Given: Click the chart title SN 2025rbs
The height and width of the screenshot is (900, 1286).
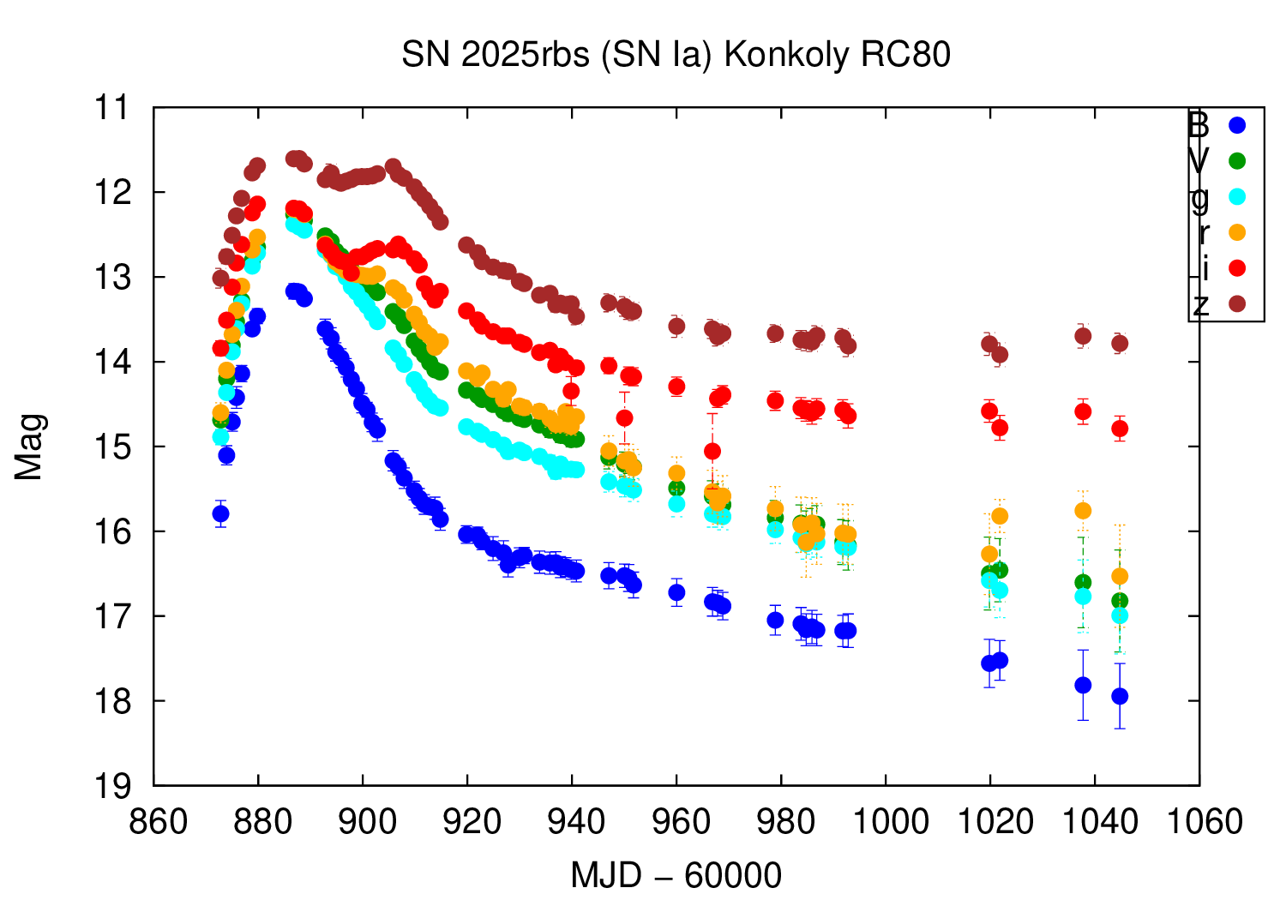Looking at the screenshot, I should [676, 55].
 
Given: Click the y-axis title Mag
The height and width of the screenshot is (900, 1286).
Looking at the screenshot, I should [29, 447].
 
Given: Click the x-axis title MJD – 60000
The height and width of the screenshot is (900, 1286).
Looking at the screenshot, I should [676, 875].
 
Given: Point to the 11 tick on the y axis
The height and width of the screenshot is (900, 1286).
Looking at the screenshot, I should [112, 108].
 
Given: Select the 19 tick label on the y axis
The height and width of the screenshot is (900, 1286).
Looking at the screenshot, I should [112, 786].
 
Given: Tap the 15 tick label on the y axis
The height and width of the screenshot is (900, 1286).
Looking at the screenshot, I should [112, 447].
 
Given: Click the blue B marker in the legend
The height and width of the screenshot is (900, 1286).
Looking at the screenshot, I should [1236, 125].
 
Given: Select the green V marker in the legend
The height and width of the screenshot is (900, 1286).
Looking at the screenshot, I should [1236, 160].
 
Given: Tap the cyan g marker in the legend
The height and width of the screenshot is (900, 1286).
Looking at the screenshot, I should [1236, 196].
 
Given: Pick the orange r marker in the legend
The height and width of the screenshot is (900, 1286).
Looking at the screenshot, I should [1236, 232].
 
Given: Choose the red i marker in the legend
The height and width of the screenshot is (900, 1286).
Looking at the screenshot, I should [1236, 268].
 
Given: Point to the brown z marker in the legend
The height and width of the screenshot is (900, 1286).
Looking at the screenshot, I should [1236, 304].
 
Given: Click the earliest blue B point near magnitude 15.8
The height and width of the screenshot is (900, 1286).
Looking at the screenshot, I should [220, 513].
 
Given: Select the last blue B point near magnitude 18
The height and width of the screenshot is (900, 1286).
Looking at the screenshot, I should [1120, 696].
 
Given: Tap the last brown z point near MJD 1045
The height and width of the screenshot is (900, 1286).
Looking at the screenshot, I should [1120, 344].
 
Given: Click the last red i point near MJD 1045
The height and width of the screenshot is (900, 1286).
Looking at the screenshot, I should [1120, 429].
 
